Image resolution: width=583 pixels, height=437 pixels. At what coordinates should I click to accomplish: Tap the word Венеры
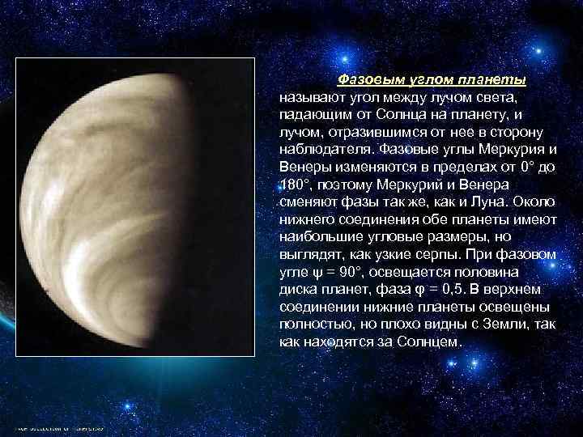tap(301, 166)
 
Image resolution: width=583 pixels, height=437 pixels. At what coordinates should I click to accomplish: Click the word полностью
tap(309, 325)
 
